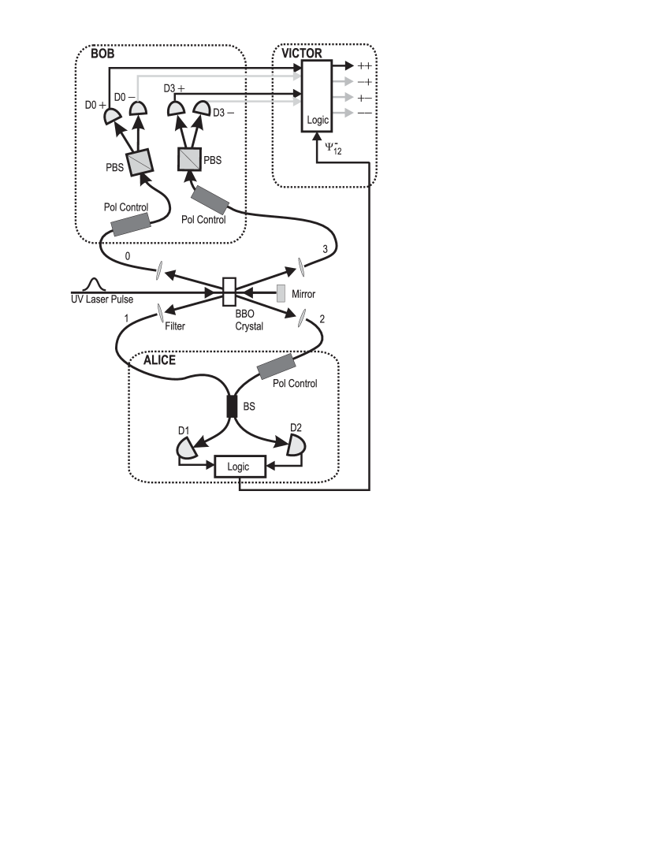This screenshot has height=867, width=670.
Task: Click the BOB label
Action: (x=102, y=54)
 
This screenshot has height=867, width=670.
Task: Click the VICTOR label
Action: (x=302, y=54)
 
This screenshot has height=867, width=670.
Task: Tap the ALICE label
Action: (x=159, y=360)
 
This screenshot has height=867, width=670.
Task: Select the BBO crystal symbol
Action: (x=229, y=291)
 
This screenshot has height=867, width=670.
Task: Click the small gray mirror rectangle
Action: (x=281, y=293)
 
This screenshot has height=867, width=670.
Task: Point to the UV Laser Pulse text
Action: (x=102, y=300)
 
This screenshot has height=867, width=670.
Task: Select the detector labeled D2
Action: (x=296, y=446)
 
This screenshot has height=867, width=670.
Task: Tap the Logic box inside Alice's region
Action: (x=238, y=467)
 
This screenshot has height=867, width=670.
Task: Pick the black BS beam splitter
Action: (x=233, y=406)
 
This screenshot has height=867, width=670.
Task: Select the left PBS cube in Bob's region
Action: (x=140, y=162)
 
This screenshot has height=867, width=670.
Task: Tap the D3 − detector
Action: (x=203, y=108)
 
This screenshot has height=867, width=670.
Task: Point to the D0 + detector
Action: (x=113, y=117)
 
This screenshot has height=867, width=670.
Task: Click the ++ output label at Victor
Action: (x=364, y=66)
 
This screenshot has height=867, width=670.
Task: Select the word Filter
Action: (x=175, y=326)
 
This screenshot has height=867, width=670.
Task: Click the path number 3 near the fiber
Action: (x=325, y=249)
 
